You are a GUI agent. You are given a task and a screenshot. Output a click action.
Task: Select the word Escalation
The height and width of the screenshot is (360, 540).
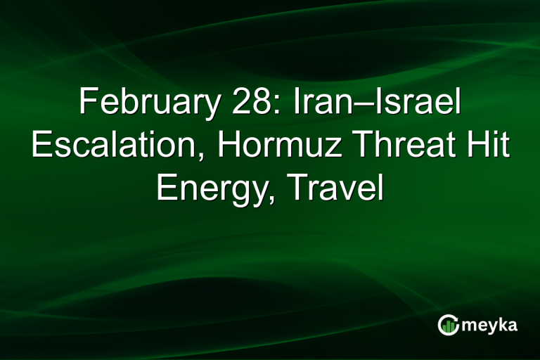tap(118, 146)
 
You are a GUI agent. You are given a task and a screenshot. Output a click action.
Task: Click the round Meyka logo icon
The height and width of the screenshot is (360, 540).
tap(449, 325)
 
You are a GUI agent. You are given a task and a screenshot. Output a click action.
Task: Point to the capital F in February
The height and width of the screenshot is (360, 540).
tap(86, 104)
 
